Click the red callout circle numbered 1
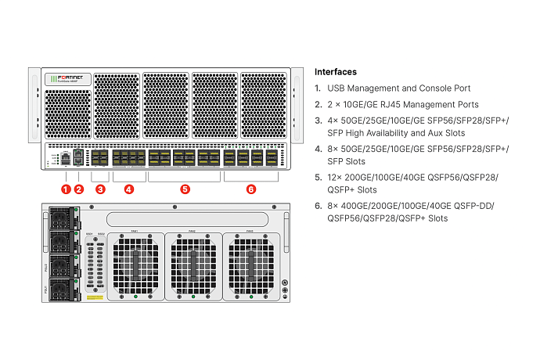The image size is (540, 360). click(x=66, y=189)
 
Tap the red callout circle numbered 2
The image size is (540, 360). click(x=78, y=189)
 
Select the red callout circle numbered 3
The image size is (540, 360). click(x=100, y=189)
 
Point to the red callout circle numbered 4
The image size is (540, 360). click(x=129, y=189)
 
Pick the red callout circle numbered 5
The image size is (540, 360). click(x=185, y=189)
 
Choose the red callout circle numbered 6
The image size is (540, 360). click(x=250, y=189)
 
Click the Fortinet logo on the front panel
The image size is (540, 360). click(x=69, y=78)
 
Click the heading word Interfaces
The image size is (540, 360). click(x=335, y=71)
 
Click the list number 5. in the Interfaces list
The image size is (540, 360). click(x=318, y=177)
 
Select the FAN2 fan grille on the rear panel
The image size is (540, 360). click(x=193, y=264)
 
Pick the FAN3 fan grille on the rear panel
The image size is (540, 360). click(x=250, y=264)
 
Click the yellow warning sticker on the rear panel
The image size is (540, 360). click(x=95, y=298)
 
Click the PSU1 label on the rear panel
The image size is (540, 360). click(x=45, y=289)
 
